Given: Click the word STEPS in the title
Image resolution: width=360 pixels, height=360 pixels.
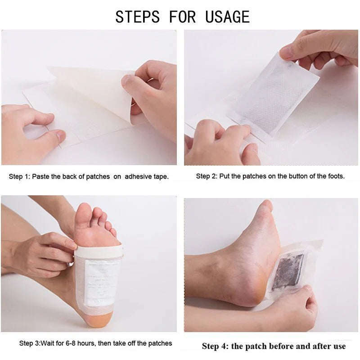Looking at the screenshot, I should tap(137, 17).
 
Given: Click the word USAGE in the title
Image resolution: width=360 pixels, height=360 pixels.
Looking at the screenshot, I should tap(227, 17).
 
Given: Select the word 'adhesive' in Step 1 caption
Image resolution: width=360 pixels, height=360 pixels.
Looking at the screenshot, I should tap(140, 176).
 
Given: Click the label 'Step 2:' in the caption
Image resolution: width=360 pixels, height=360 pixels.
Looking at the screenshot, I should tap(207, 176).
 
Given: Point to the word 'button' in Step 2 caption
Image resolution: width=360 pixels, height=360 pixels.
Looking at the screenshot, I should tap(292, 176).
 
